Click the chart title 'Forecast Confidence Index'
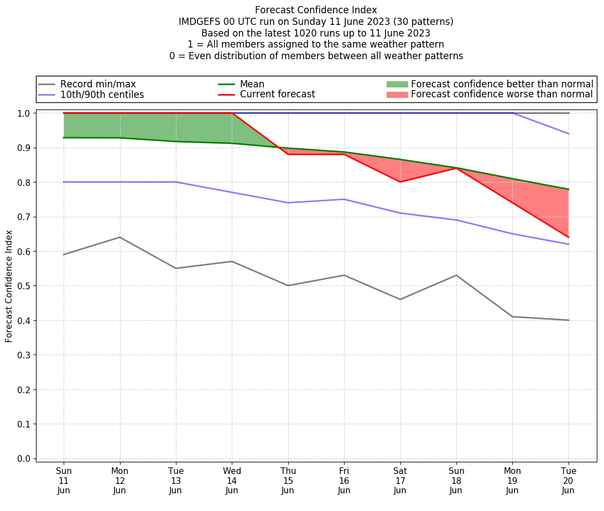click(x=316, y=10)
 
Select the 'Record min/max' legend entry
click(x=98, y=84)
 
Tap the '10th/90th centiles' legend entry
click(x=102, y=95)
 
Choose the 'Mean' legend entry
click(x=252, y=84)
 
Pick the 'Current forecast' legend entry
click(x=277, y=95)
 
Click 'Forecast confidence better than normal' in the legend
click(x=502, y=84)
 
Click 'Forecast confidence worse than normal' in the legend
click(x=502, y=95)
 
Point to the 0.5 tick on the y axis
click(x=25, y=286)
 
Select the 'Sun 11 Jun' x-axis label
click(x=64, y=481)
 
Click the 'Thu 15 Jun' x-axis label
click(x=288, y=481)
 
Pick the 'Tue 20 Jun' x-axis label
click(x=568, y=481)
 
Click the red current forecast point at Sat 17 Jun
click(x=400, y=182)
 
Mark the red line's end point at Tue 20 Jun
click(x=568, y=237)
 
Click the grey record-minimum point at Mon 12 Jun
click(x=119, y=237)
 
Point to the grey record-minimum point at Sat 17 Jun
click(x=400, y=299)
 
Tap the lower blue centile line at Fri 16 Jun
click(x=344, y=199)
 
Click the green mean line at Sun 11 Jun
click(x=64, y=138)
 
